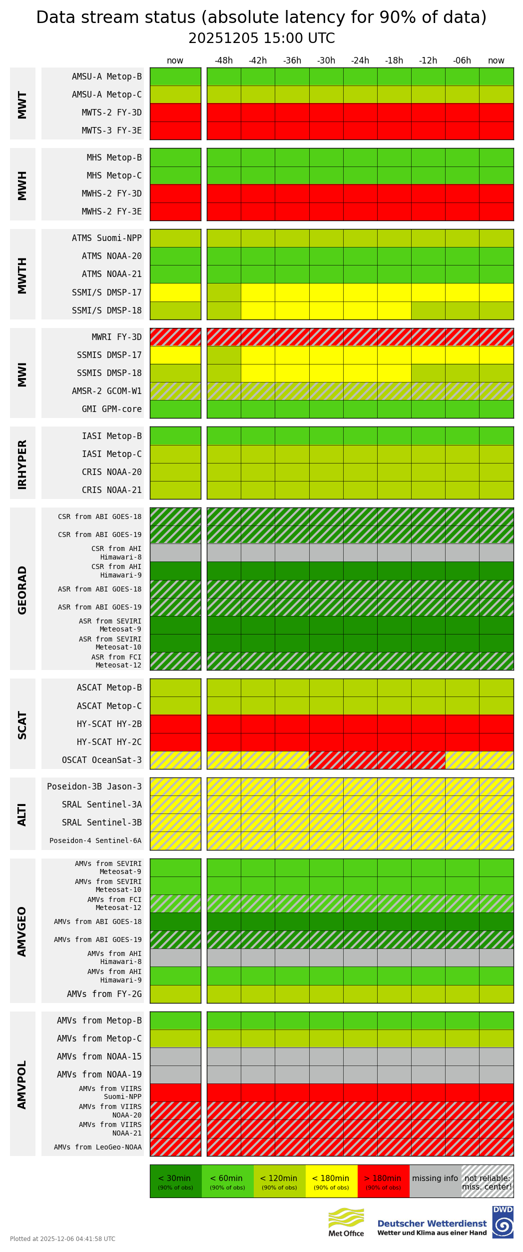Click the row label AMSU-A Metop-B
pyautogui.click(x=106, y=76)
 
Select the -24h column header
pyautogui.click(x=360, y=60)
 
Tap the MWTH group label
pyautogui.click(x=22, y=275)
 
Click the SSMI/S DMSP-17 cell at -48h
pyautogui.click(x=224, y=292)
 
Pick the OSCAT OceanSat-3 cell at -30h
pyautogui.click(x=326, y=760)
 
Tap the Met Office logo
pyautogui.click(x=346, y=1222)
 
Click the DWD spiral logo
pyautogui.click(x=503, y=1222)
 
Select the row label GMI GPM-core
pyautogui.click(x=111, y=409)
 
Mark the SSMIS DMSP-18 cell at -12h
pyautogui.click(x=428, y=373)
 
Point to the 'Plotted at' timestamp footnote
pyautogui.click(x=62, y=1238)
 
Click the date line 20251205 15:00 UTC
pyautogui.click(x=261, y=38)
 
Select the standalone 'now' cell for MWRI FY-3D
pyautogui.click(x=175, y=337)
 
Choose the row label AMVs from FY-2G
pyautogui.click(x=104, y=994)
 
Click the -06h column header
pyautogui.click(x=462, y=60)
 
